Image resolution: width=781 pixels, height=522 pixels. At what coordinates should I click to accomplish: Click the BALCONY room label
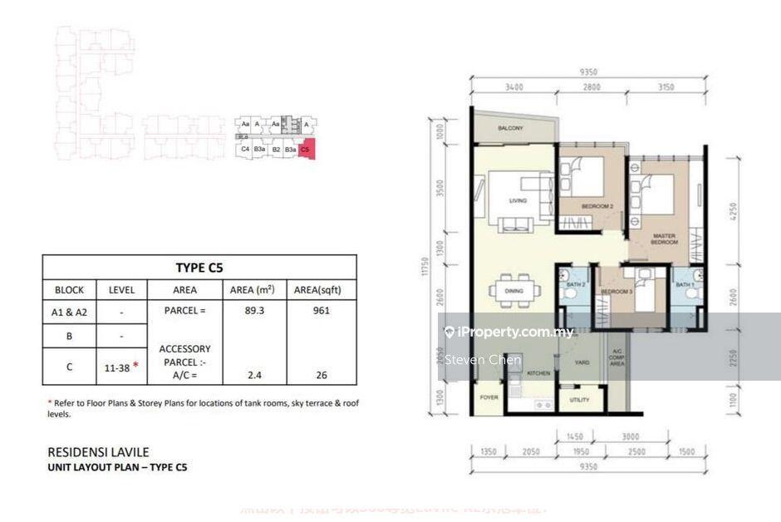click(510, 129)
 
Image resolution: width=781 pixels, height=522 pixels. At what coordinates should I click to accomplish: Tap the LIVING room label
click(518, 200)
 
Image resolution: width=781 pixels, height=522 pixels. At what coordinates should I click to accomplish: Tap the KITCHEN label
click(538, 373)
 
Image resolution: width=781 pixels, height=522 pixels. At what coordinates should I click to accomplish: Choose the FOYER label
click(488, 397)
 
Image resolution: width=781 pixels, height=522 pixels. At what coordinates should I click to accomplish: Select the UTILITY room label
click(580, 400)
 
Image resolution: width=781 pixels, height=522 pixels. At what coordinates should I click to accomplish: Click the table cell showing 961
click(322, 311)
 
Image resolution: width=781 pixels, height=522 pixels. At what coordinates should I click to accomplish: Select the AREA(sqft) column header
click(322, 290)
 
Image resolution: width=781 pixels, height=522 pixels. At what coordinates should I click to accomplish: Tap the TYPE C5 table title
click(199, 268)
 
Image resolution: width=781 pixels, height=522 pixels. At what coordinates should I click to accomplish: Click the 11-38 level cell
click(116, 364)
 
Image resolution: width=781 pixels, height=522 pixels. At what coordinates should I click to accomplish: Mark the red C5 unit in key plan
click(307, 150)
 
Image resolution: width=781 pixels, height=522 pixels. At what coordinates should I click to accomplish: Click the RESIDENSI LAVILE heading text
click(98, 452)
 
